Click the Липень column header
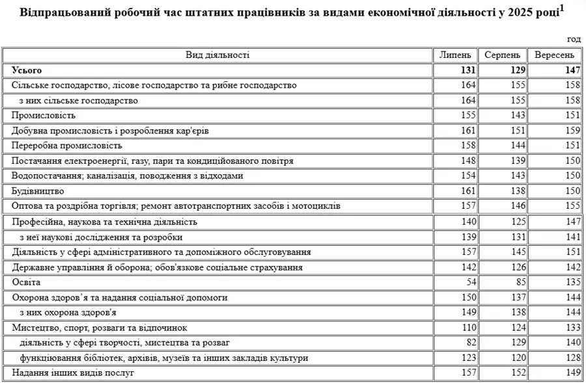pyautogui.click(x=455, y=55)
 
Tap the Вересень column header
pyautogui.click(x=554, y=55)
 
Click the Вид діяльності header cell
pyautogui.click(x=217, y=55)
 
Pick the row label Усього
pyautogui.click(x=27, y=70)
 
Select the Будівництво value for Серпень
pyautogui.click(x=514, y=191)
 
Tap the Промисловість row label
pyautogui.click(x=44, y=115)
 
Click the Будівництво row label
pyautogui.click(x=38, y=191)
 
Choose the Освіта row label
pyautogui.click(x=26, y=282)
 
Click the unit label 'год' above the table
pyautogui.click(x=574, y=39)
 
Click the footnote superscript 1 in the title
pyautogui.click(x=561, y=8)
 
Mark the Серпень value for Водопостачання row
pyautogui.click(x=514, y=176)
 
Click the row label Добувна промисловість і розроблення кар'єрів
pyautogui.click(x=110, y=131)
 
